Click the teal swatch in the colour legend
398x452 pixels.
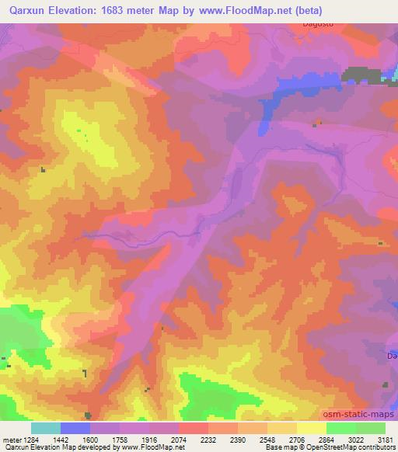(46, 428)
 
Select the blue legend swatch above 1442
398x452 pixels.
(75, 428)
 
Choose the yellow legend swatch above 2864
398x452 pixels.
(312, 428)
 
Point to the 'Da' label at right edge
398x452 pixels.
(392, 355)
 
